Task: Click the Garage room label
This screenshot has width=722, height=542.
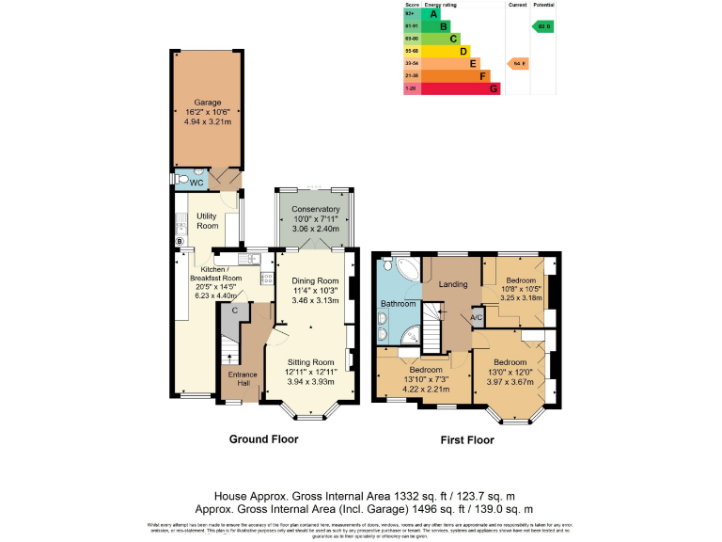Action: click(207, 102)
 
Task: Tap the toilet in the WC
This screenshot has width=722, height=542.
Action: click(180, 179)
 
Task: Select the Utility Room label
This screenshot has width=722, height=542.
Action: click(207, 221)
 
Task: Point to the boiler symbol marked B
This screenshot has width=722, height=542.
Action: click(179, 241)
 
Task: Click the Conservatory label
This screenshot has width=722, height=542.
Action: click(315, 209)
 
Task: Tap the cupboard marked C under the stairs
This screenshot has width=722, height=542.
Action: click(234, 310)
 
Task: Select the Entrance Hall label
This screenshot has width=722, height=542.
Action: click(243, 378)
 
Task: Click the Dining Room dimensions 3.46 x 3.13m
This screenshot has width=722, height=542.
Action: click(314, 300)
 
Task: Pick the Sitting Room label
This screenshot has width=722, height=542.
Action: click(310, 361)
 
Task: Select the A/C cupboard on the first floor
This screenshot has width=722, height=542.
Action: click(476, 317)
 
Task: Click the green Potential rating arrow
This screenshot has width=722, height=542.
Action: click(542, 27)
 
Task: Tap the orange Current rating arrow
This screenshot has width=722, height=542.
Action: click(517, 63)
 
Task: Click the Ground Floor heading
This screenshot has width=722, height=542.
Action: click(263, 439)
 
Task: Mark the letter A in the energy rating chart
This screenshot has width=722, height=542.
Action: click(433, 14)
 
